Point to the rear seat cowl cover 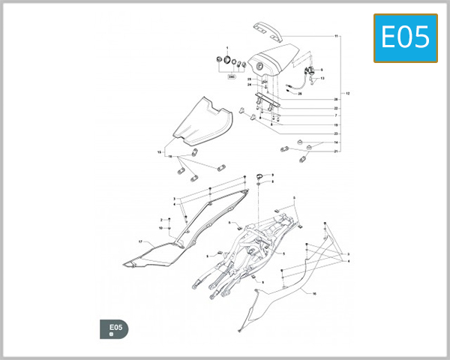click(202, 121)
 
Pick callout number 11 click(337, 36)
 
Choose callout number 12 click(347, 92)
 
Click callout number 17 click(140, 241)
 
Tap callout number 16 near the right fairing click(314, 293)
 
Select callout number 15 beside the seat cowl click(159, 152)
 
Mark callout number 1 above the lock click(227, 47)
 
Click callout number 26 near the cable click(299, 94)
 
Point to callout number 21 click(337, 151)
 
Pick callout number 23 click(337, 133)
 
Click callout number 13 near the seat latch click(323, 78)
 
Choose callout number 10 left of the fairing click(160, 228)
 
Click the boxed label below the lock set click(232, 76)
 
